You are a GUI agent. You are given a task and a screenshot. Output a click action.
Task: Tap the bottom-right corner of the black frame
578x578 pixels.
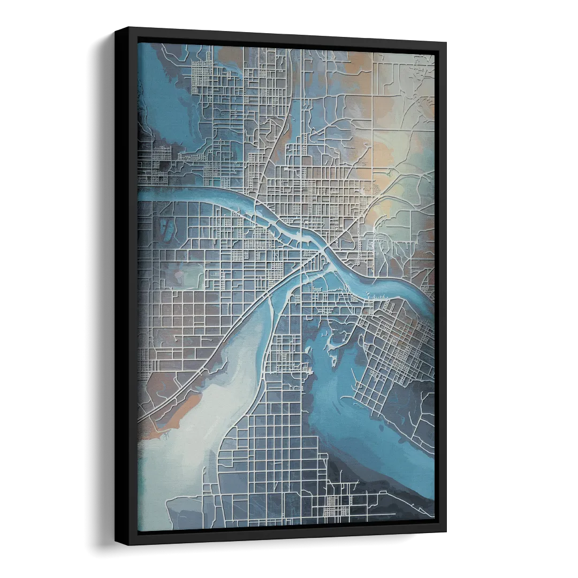(448, 535)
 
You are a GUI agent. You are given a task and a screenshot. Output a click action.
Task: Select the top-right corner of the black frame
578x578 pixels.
(447, 41)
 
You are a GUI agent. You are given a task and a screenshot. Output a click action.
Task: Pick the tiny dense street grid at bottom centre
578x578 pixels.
(337, 503)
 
